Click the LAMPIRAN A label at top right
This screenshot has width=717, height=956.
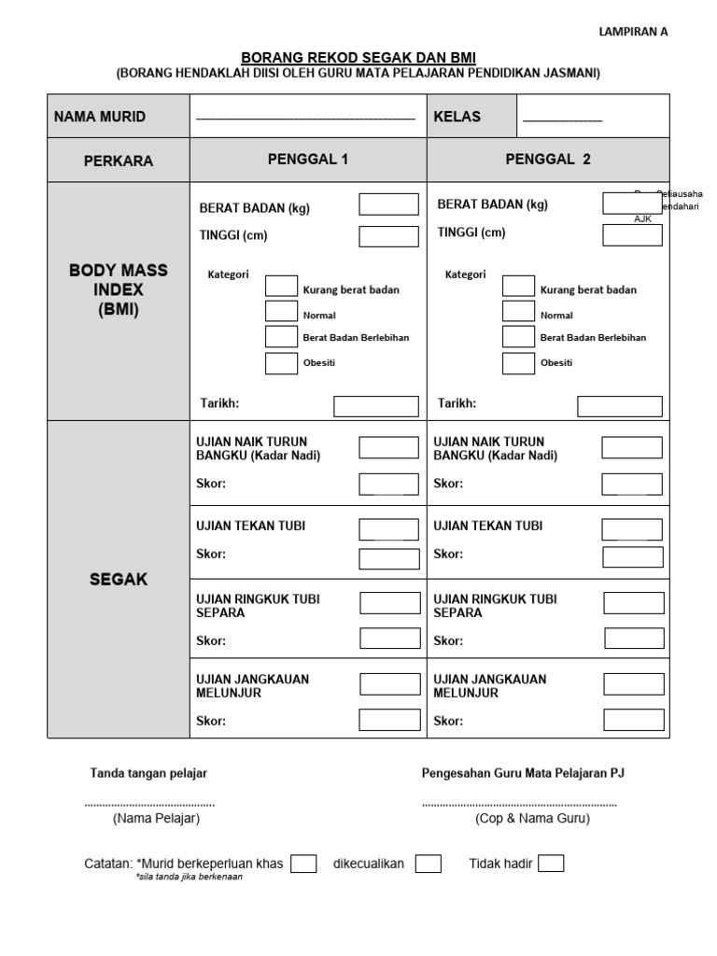pos(633,31)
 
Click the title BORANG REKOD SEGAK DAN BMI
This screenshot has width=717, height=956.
pos(358,57)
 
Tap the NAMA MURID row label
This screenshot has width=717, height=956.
pos(100,117)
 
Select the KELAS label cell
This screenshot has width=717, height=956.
pos(457,117)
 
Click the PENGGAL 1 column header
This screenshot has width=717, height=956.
pos(308,160)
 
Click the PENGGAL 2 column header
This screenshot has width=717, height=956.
pos(548,160)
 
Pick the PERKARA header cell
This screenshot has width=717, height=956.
pos(119,161)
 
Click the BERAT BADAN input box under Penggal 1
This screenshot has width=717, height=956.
pos(388,204)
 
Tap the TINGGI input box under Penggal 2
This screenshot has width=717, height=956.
pos(632,234)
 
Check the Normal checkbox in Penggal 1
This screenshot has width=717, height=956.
pos(281,312)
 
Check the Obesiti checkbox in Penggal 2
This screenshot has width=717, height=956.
pos(518,363)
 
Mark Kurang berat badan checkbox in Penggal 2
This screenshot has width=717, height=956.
pos(518,287)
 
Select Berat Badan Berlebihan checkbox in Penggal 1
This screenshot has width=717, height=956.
pos(281,337)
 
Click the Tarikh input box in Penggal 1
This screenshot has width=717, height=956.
pos(376,406)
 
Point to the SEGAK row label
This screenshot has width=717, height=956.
pos(119,580)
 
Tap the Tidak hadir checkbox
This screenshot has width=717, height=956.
pos(551,864)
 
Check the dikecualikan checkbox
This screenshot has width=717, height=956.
pos(429,864)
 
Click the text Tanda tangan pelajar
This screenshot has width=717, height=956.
pos(148,773)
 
